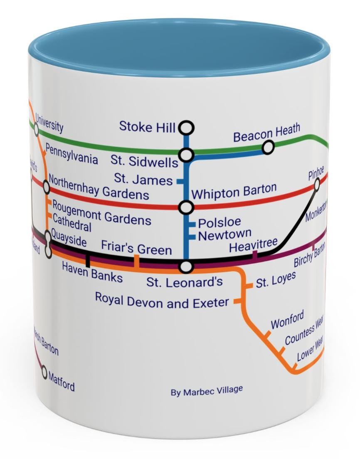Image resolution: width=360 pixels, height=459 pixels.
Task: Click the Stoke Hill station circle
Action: [x=187, y=127]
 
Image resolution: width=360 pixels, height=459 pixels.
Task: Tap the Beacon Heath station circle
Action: [x=269, y=147]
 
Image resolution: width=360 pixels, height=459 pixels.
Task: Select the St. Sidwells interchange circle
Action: [x=187, y=155]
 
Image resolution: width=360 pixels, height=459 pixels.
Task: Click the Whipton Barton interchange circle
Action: [x=186, y=207]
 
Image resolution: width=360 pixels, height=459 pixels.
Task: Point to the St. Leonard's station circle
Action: [x=187, y=267]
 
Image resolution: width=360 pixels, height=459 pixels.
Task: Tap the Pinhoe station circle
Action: [x=316, y=184]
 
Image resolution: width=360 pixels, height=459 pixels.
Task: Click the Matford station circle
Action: [x=45, y=373]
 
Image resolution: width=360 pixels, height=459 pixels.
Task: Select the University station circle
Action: [x=36, y=130]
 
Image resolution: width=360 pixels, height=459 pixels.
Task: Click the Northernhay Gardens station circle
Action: [x=46, y=188]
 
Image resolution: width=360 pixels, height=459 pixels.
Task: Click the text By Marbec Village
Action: [x=207, y=391]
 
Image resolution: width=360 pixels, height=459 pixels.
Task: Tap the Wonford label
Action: [x=287, y=321]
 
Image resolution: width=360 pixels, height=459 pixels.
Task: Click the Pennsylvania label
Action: [x=72, y=154]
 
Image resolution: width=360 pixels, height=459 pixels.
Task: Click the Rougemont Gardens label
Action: [x=101, y=212]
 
